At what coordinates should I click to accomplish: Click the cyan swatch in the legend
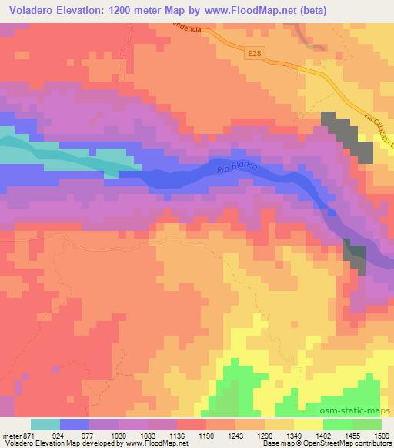point(47,424)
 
